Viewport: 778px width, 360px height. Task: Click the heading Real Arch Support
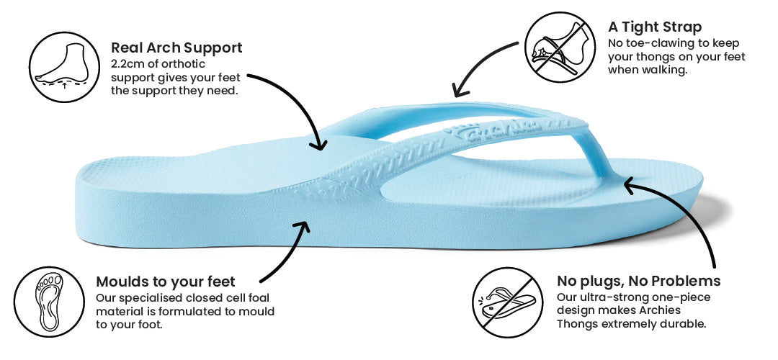176,48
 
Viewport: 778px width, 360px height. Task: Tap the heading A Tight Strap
654,27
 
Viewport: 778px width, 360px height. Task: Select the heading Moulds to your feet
166,282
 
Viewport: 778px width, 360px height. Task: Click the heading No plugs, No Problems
638,281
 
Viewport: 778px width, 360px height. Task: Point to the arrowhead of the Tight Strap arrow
456,91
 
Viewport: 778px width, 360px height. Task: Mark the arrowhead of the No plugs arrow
629,186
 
